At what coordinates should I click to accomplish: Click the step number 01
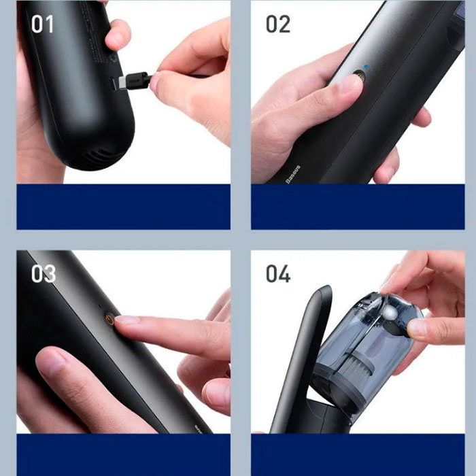[x=42, y=24]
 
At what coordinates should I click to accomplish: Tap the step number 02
[x=277, y=24]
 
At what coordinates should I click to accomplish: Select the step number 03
[x=44, y=274]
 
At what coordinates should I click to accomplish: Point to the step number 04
[x=278, y=274]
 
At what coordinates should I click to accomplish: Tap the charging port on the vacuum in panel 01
[x=113, y=84]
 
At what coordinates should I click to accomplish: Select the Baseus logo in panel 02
[x=293, y=174]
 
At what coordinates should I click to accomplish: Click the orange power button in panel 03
[x=109, y=320]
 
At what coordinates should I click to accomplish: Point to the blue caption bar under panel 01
[x=123, y=207]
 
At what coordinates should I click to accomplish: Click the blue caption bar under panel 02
[x=358, y=207]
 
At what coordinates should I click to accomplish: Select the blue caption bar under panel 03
[x=123, y=455]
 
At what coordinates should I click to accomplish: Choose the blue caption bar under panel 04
[x=358, y=455]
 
